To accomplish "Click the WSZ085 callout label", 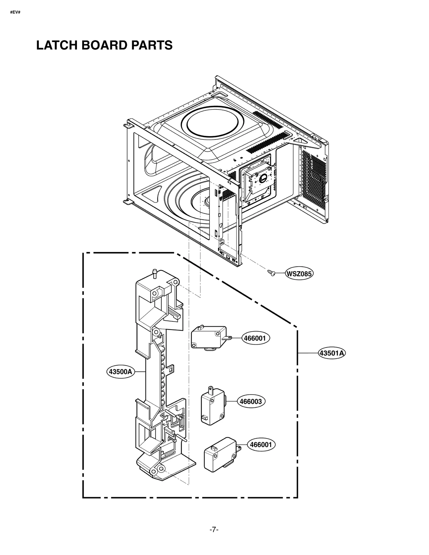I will click(x=299, y=274).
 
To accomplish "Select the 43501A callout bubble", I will click(x=332, y=353).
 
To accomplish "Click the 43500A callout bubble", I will click(x=120, y=372).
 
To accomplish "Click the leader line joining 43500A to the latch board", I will click(x=140, y=372).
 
